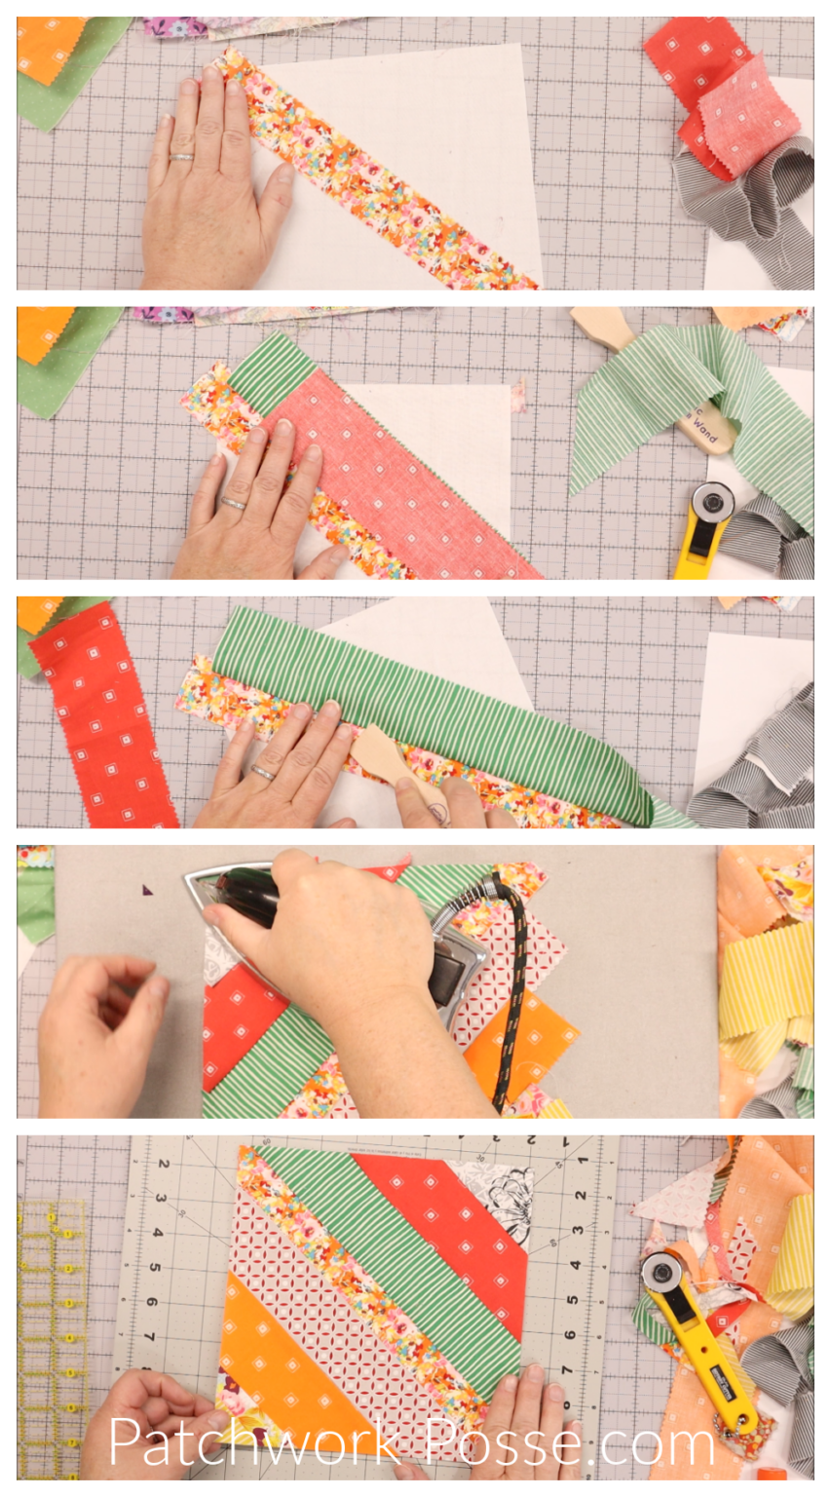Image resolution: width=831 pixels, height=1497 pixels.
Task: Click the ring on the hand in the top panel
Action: [182, 156]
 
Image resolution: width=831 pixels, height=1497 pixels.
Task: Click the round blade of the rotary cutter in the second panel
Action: [716, 503]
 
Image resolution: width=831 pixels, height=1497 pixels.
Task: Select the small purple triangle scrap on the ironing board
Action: [148, 890]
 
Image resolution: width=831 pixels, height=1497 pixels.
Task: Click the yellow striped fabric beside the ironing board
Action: [765, 975]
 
